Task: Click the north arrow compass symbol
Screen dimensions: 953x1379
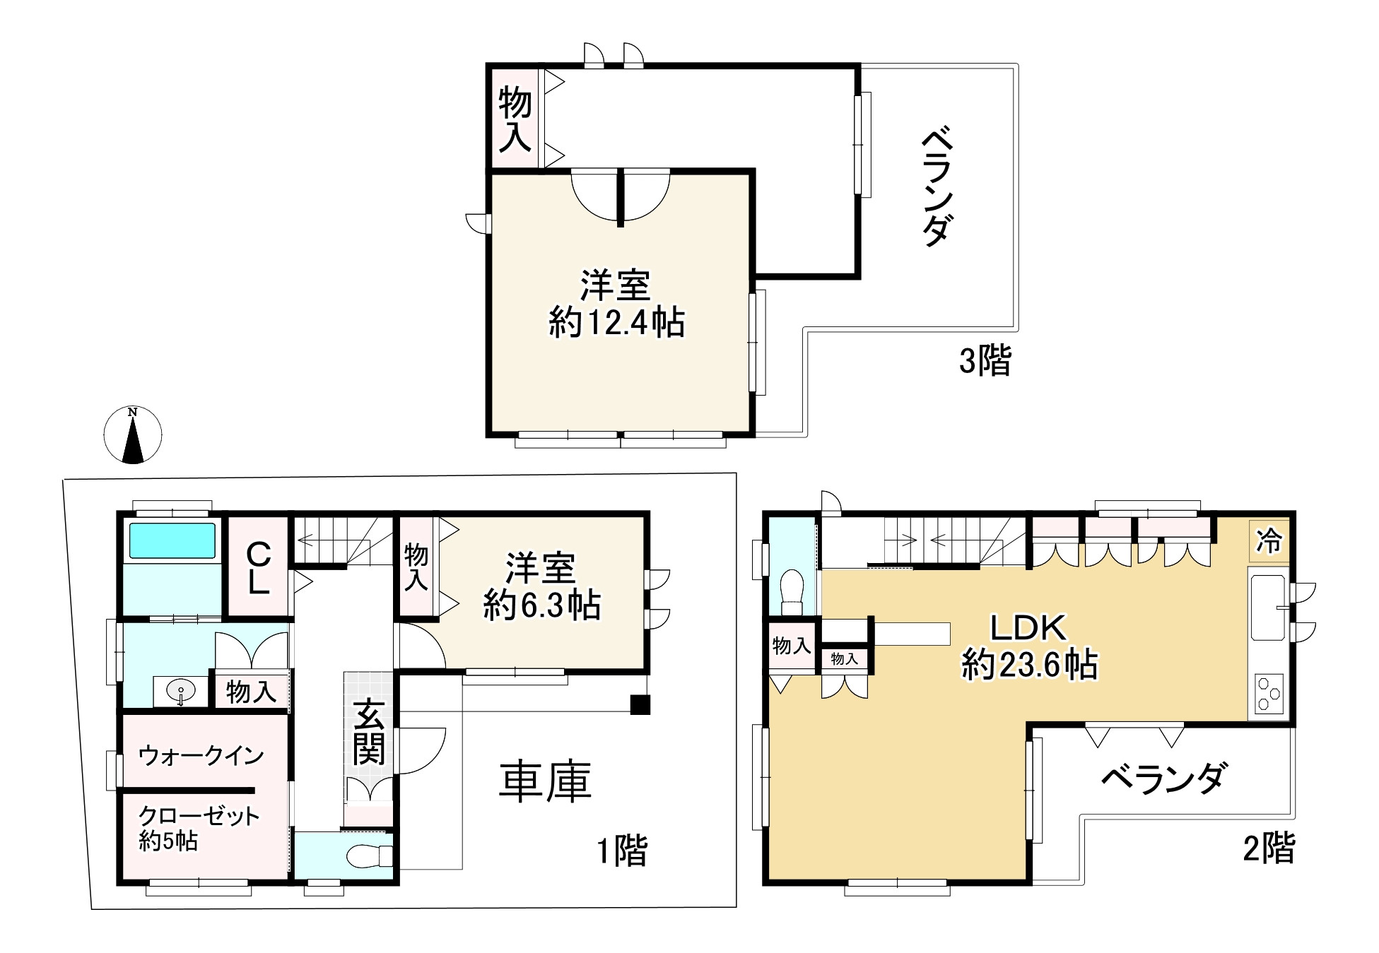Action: tap(133, 435)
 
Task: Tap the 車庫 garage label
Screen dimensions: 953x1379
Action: tap(545, 782)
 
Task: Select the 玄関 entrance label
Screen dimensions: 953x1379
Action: tap(369, 732)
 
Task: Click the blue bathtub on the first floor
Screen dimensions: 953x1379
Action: tap(172, 541)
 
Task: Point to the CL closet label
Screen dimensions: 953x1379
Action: tap(258, 568)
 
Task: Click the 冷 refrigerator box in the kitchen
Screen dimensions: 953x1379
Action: tap(1269, 541)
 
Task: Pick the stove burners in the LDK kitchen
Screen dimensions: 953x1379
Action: tap(1269, 694)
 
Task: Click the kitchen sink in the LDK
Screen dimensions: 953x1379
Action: tap(1268, 608)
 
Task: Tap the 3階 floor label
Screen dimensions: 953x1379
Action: tap(985, 361)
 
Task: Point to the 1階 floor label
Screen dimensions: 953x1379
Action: tap(622, 851)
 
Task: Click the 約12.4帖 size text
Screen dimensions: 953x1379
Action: tap(616, 324)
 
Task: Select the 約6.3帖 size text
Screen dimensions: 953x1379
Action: tap(542, 606)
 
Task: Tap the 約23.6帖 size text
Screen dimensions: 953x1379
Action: tap(1029, 665)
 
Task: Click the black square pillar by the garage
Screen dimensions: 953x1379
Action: tap(640, 705)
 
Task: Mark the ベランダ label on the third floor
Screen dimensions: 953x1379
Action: tap(938, 187)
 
